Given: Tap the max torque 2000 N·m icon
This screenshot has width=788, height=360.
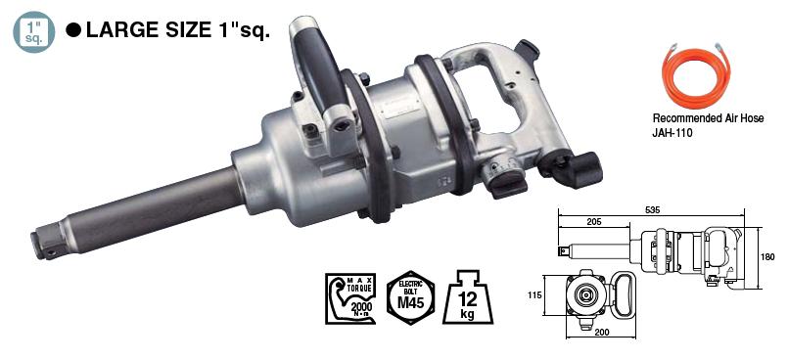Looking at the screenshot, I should click(x=348, y=298).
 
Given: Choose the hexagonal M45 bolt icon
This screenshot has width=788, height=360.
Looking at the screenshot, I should click(x=410, y=295).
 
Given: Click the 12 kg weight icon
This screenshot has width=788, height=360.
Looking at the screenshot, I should click(x=468, y=295).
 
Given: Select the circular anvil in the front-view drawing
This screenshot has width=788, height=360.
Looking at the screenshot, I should click(x=584, y=295).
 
